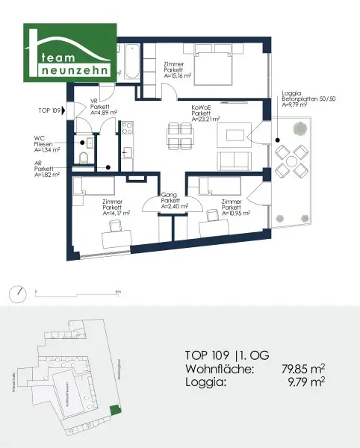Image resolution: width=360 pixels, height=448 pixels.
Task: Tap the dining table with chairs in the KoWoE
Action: [176, 137]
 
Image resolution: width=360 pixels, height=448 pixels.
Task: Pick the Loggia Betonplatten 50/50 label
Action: [304, 99]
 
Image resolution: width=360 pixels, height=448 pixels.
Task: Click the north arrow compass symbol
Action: [16, 290]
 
